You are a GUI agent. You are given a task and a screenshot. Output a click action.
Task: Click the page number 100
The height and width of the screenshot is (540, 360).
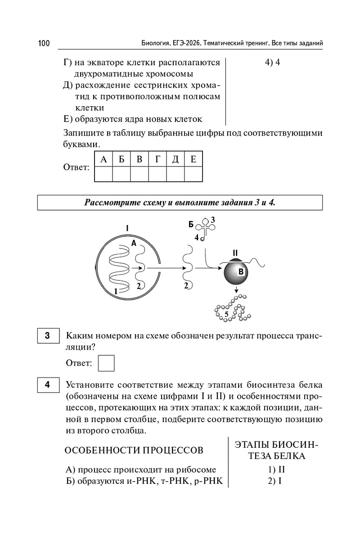pos(44,43)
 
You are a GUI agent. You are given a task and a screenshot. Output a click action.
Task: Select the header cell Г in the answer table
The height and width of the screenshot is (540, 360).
pos(157,159)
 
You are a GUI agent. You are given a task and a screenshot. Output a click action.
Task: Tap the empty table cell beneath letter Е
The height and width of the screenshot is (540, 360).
pos(193,173)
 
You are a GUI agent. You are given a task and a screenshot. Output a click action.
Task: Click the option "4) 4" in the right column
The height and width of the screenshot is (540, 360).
pos(273,63)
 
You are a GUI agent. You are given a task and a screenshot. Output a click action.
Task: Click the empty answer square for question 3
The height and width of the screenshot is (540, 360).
pos(106,363)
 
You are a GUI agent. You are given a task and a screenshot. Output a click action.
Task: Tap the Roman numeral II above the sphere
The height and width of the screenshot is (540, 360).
pos(235,253)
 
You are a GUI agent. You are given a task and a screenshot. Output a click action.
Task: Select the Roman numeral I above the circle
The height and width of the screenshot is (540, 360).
pos(127,229)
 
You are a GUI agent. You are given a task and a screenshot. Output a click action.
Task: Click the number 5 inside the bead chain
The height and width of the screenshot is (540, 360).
pos(227,314)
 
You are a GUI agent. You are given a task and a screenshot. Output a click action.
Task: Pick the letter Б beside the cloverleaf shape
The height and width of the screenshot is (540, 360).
pos(191,224)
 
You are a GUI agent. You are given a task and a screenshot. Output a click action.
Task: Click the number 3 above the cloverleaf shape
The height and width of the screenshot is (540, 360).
pos(213,220)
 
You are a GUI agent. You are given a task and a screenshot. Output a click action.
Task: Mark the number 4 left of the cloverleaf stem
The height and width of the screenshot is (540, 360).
pos(196,237)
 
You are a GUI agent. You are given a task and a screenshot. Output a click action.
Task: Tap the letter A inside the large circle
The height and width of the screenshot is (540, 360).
pos(134,243)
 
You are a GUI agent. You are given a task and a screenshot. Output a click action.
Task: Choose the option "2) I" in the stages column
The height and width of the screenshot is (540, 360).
pos(274,481)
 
